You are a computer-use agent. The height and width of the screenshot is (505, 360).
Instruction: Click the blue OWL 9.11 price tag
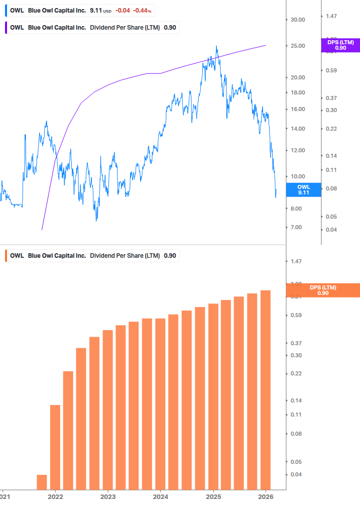point(303,189)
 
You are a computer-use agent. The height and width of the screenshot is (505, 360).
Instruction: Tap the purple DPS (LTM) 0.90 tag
point(340,45)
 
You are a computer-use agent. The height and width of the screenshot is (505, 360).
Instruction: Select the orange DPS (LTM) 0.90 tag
point(323,290)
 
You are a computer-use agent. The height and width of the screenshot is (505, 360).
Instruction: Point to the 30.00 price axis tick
point(298,20)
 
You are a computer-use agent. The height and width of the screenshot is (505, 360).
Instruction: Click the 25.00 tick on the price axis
point(298,46)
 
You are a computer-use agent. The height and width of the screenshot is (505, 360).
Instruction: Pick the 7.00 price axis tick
point(296,228)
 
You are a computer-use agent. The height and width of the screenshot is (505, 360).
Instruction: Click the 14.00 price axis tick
point(298,129)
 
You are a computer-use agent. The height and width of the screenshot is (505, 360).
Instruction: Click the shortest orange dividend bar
point(42,482)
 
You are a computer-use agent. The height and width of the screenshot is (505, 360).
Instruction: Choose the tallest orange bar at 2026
point(266,389)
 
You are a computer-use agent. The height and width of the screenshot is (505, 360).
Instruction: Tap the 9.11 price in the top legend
point(95,11)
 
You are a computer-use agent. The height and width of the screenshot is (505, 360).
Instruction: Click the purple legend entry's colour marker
point(6,28)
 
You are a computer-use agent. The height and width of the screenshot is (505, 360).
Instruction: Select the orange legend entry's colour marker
point(6,256)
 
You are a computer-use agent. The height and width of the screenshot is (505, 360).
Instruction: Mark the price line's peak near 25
point(216,47)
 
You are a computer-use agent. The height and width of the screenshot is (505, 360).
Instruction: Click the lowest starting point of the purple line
point(42,230)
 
